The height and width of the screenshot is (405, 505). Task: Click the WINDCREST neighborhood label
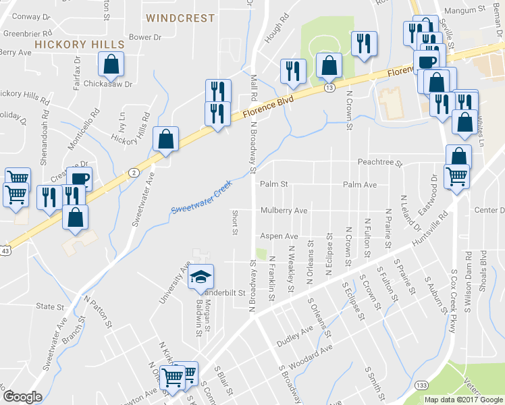click(180, 18)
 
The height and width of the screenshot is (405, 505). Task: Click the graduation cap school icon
click(200, 276)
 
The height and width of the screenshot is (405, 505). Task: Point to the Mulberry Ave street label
click(284, 211)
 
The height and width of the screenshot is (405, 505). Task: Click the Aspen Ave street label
click(279, 236)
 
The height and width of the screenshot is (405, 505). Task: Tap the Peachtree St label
click(379, 163)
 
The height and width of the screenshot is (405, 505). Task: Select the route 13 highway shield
click(329, 87)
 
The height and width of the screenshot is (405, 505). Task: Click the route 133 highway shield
click(421, 385)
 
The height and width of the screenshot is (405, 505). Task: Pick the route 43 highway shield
click(5, 250)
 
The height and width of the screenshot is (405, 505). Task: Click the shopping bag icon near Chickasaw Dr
click(111, 65)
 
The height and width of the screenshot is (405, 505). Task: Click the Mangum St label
click(471, 10)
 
